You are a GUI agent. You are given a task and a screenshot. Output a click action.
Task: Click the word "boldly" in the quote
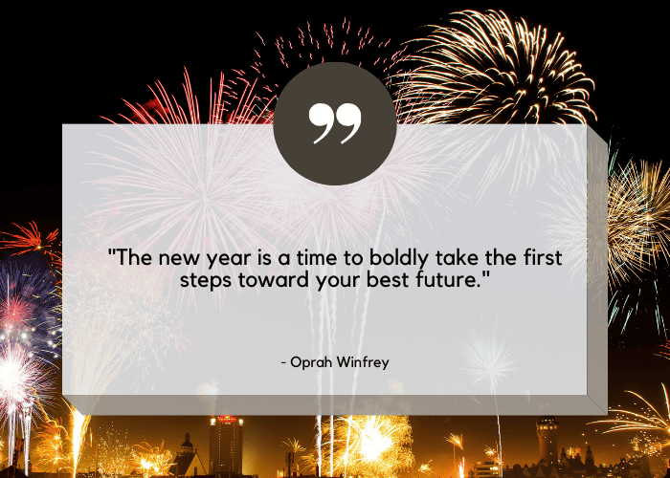pos(398,258)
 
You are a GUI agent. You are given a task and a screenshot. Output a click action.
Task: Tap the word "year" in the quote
pos(229,259)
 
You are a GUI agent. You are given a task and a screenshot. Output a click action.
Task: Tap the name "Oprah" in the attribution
pos(310,362)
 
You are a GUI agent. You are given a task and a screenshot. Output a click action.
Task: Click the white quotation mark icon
pos(335,123)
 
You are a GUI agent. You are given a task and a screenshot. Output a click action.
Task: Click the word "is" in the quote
pos(264,257)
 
